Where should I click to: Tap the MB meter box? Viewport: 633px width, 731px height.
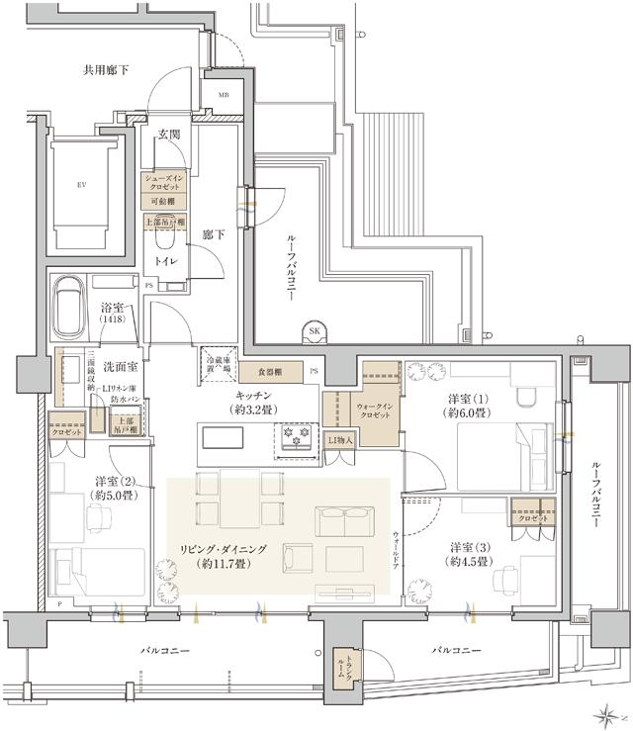[x=225, y=95]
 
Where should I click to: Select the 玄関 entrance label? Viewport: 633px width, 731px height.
[x=168, y=135]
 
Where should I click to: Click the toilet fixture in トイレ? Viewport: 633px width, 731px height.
[x=164, y=234]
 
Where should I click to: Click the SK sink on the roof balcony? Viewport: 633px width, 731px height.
[x=316, y=331]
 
